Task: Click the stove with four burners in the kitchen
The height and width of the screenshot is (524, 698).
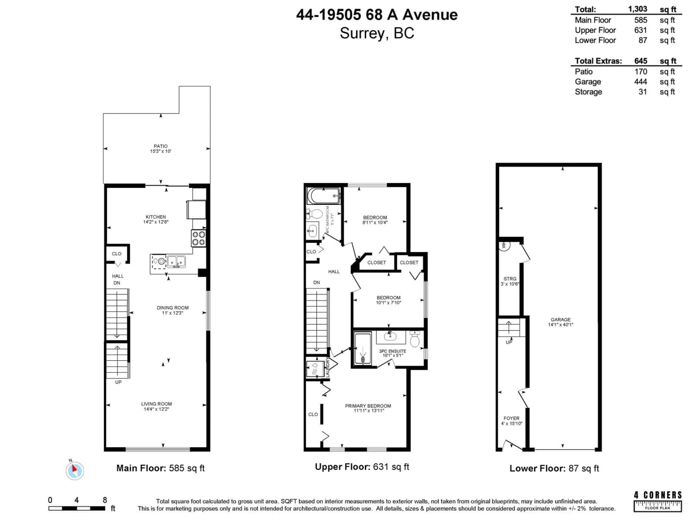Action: (x=198, y=239)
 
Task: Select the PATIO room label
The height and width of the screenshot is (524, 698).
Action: (x=161, y=146)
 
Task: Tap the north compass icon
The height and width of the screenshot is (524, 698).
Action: (x=75, y=471)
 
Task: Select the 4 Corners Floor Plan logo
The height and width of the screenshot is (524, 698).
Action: (x=658, y=502)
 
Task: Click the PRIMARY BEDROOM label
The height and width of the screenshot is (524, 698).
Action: (x=368, y=406)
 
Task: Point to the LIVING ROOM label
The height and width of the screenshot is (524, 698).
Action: (x=157, y=404)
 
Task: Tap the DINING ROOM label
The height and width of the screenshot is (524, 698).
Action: (x=173, y=308)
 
